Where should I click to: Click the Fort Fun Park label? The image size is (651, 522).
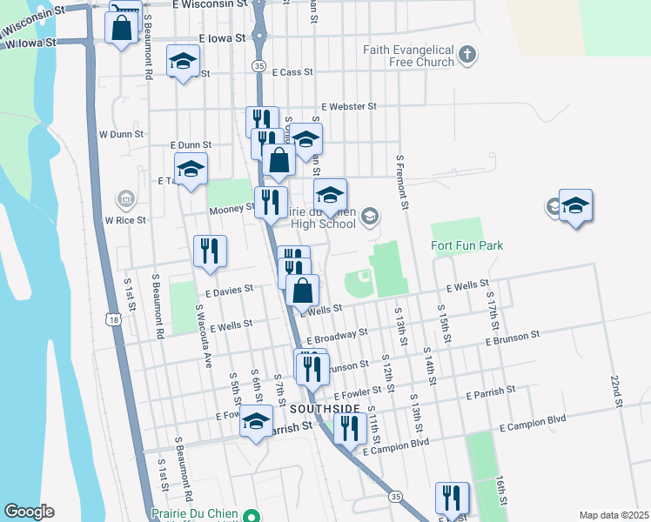466,246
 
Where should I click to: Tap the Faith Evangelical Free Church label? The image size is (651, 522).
409,56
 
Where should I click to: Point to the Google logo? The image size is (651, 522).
29,512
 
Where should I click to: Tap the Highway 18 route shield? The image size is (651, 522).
116,321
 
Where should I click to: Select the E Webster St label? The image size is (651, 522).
348,106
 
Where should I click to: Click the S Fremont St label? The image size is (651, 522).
401,183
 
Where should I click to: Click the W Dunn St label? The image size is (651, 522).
119,135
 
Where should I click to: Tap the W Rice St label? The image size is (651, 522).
125,220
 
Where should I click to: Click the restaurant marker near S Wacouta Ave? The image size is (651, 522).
210,251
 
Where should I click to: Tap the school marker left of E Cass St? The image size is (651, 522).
183,61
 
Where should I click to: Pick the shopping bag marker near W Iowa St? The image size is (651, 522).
121,27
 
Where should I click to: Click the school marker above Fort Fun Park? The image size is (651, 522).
575,206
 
